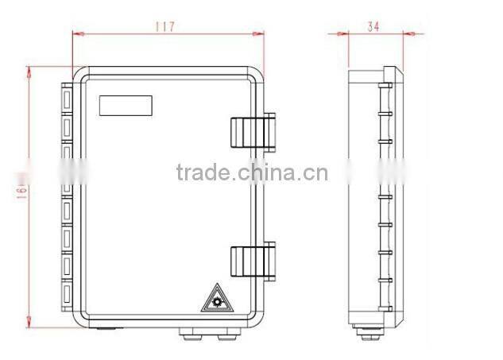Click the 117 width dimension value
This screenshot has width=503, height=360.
point(164,26)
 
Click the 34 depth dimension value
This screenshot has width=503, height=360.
point(373,26)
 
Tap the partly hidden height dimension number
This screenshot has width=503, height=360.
point(20,191)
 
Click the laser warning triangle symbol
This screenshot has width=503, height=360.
point(215,299)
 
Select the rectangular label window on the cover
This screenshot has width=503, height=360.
point(126,106)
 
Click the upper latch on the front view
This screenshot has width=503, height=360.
point(253,132)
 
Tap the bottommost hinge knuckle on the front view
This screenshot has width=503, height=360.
point(65,296)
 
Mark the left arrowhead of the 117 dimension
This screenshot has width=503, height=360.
point(76,34)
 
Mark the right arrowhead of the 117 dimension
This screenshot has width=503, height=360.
point(260,34)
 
